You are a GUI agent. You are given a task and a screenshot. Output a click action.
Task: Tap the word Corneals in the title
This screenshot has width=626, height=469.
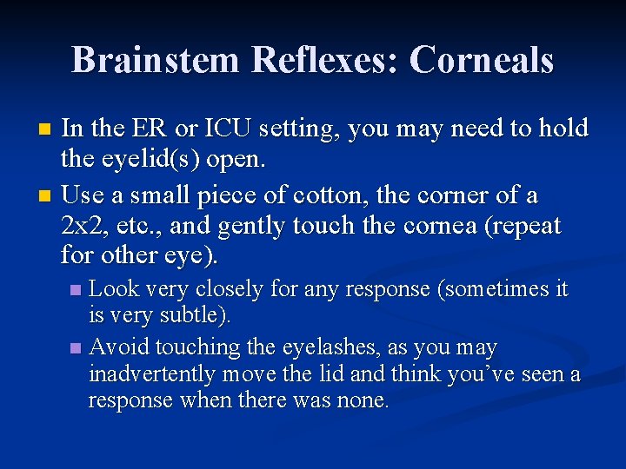point(481,60)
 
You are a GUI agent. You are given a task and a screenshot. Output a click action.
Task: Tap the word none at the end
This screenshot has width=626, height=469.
point(363,401)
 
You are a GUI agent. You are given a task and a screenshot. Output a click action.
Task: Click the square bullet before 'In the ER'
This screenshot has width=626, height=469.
point(49,130)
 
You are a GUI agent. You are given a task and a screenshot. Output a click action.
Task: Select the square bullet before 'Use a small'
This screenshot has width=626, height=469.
point(49,195)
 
